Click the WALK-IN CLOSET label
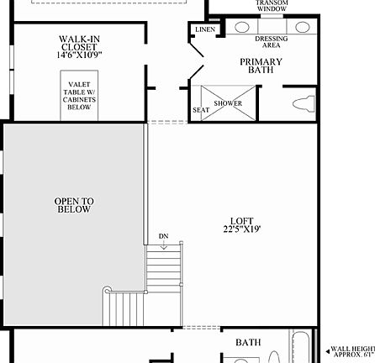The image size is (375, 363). [79, 43]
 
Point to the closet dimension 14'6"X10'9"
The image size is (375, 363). [79, 55]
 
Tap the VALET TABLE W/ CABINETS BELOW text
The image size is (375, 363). [79, 96]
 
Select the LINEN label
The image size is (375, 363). [205, 29]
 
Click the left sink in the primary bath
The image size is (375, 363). [242, 27]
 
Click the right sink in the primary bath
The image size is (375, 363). [301, 27]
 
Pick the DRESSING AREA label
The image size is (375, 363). [271, 41]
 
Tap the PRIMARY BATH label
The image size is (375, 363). [261, 66]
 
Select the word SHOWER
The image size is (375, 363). [227, 104]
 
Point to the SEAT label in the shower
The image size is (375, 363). [201, 110]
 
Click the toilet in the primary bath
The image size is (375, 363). [304, 104]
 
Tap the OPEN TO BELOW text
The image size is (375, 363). [74, 205]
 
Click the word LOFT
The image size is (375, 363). [242, 222]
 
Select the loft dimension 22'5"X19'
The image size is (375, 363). [242, 229]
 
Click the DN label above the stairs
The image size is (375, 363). [163, 237]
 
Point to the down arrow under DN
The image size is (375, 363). [163, 245]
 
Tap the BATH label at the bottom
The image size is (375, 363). [248, 342]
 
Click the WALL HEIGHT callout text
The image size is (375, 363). [353, 351]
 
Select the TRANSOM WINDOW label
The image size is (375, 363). [272, 5]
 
